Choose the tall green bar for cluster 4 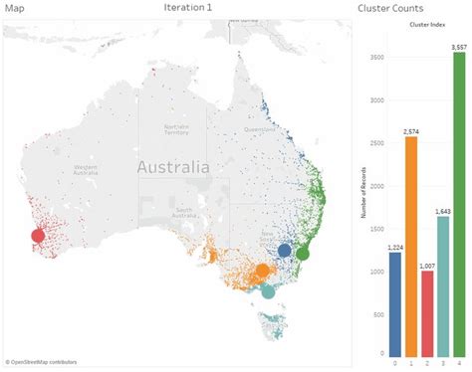click(x=459, y=204)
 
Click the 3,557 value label click(x=458, y=46)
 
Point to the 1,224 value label click(x=395, y=246)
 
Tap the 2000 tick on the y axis click(x=374, y=185)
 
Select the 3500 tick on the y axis click(x=374, y=57)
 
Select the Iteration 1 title click(x=188, y=9)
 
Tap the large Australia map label click(x=173, y=167)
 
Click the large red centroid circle click(x=38, y=236)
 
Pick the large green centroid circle click(x=303, y=253)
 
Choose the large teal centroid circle click(x=267, y=290)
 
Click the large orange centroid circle click(x=262, y=270)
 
